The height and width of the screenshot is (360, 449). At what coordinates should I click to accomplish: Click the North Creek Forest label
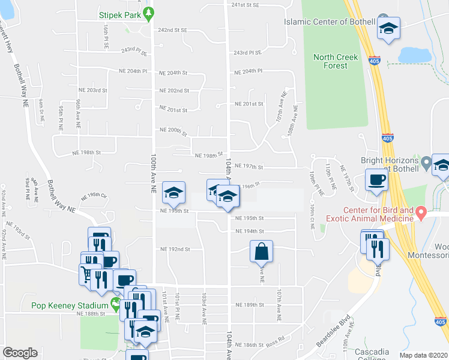coord(336,61)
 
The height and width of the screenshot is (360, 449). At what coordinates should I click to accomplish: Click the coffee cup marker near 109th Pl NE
coord(377,180)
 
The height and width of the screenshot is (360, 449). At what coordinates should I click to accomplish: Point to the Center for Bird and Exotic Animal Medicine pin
coord(421,212)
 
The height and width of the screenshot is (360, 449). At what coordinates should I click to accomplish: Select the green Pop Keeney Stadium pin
coord(116,304)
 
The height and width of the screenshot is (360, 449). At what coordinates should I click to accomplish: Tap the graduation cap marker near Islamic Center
coord(388,28)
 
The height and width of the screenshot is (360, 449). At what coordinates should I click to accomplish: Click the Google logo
coord(20,353)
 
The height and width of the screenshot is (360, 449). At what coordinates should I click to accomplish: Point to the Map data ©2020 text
coord(423,355)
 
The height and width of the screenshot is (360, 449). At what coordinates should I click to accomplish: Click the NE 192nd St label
coord(175,249)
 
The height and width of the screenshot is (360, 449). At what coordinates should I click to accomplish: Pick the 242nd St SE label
coord(172,29)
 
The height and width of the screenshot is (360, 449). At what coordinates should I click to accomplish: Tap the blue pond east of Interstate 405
coord(414,55)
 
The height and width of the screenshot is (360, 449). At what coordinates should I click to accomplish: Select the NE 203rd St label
coord(96,90)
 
